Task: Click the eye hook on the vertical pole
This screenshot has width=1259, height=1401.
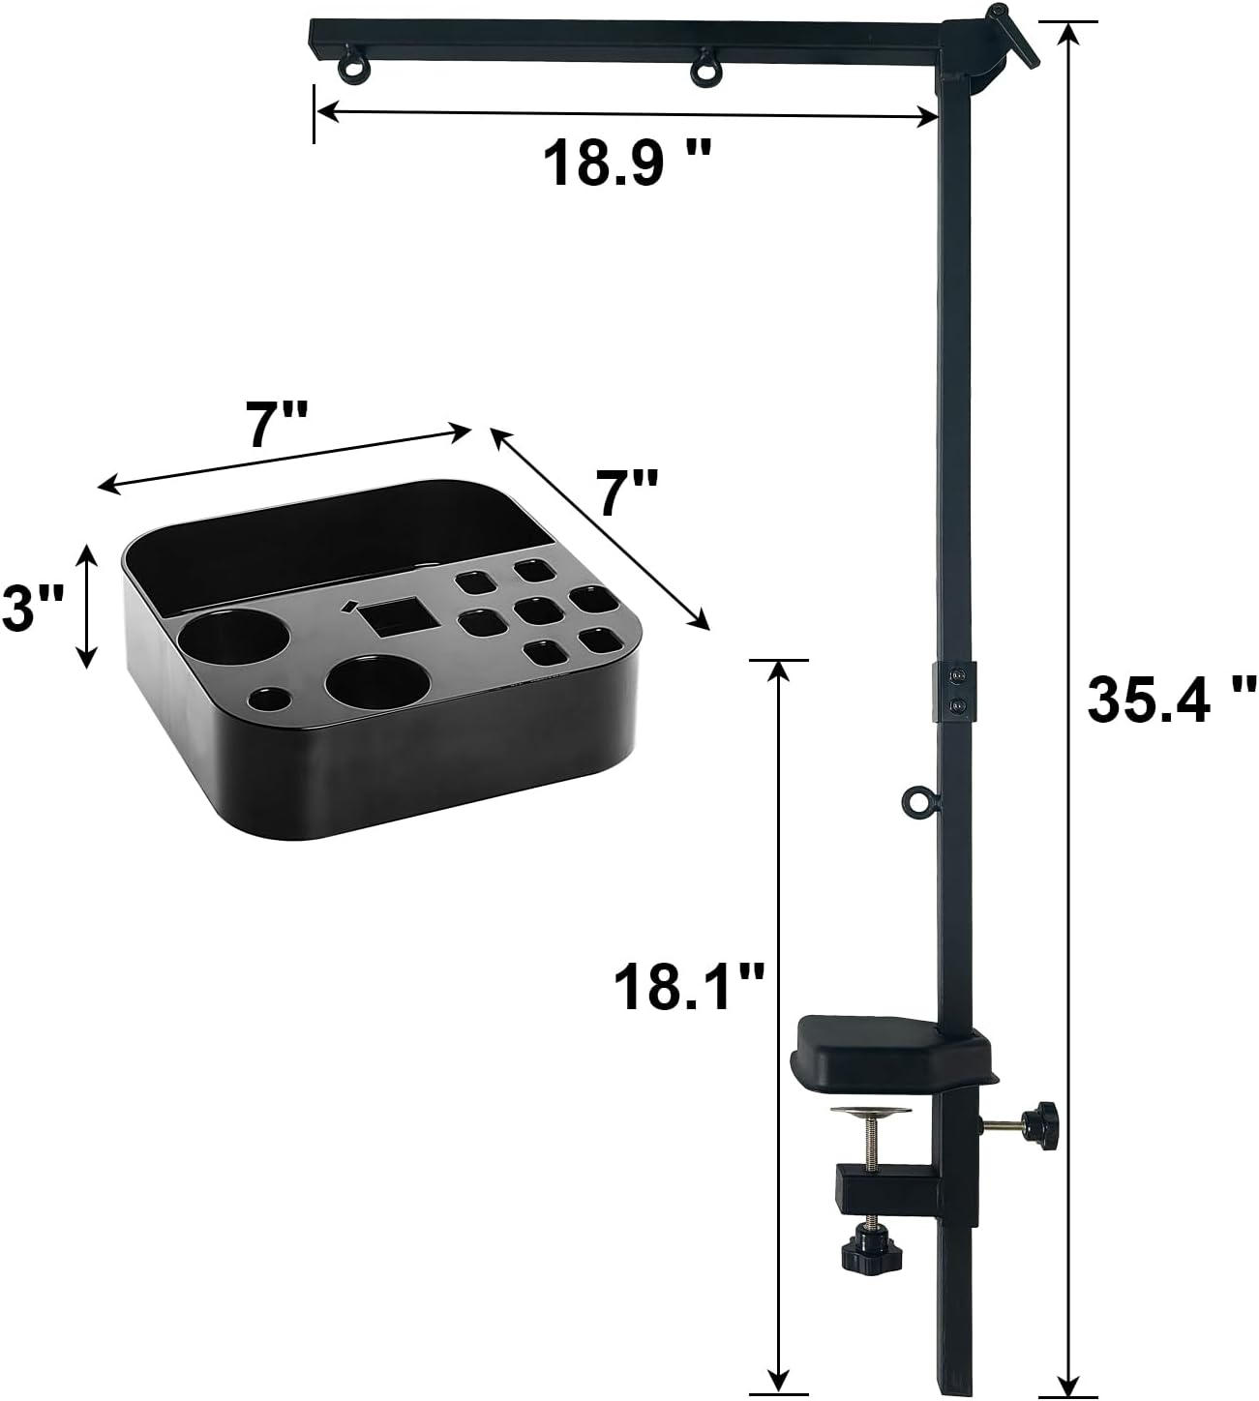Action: (915, 801)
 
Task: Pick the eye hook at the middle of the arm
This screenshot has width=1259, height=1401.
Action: (704, 69)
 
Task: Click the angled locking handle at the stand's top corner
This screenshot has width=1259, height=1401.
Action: (1010, 33)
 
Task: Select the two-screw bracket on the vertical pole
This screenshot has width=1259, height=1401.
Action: (954, 690)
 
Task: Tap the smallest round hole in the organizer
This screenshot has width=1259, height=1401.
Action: (270, 698)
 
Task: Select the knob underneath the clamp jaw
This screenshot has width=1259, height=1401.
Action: (862, 1252)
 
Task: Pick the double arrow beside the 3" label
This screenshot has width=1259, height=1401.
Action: (87, 606)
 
